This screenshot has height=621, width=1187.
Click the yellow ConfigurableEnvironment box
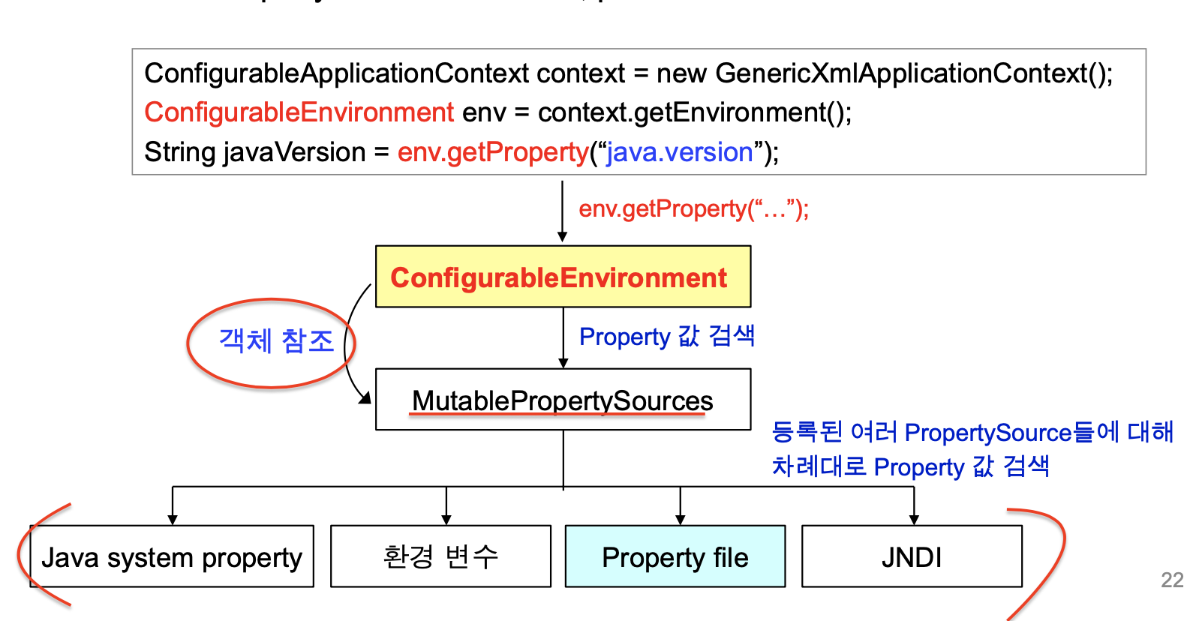point(563,277)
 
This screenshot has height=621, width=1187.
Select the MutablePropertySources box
point(563,400)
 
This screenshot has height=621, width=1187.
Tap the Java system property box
point(172,556)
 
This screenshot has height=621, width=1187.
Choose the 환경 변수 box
point(440,556)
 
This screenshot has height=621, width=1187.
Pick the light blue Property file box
point(675,556)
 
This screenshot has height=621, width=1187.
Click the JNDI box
point(912,556)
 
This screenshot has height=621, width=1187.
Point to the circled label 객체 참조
point(275,341)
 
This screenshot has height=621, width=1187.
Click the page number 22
point(1171,580)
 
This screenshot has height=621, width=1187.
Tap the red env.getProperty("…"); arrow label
point(693,208)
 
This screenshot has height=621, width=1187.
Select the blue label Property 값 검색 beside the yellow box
point(666,336)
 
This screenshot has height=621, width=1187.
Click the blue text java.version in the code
point(680,152)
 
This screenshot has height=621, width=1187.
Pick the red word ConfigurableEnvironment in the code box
point(299,112)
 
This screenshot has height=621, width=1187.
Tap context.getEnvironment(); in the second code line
point(695,112)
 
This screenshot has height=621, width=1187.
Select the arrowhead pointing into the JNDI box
point(914,520)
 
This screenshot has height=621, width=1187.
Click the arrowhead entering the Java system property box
point(173,520)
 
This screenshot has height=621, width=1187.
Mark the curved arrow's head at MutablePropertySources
point(366,398)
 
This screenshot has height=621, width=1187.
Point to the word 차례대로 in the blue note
point(819,466)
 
